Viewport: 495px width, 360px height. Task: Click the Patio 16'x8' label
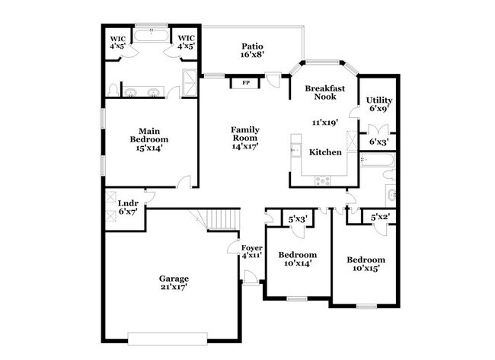pos(252,50)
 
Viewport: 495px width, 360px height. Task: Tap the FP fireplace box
pos(245,82)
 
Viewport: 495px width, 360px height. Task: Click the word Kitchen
pos(325,152)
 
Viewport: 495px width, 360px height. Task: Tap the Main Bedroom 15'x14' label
pos(148,139)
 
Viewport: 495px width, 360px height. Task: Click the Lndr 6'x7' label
pos(127,207)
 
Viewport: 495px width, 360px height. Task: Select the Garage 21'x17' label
pos(174,282)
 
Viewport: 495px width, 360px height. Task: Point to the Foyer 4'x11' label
pos(252,252)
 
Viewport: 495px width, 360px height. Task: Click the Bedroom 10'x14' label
pos(297,259)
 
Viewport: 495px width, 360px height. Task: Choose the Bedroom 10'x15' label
pos(366,264)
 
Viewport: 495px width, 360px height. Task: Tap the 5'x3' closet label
pos(297,219)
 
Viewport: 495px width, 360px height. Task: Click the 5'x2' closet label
pos(379,218)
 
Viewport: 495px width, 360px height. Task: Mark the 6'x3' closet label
pos(378,142)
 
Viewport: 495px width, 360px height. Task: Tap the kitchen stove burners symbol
pos(323,180)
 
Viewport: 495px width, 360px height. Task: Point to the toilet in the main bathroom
pos(113,91)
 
